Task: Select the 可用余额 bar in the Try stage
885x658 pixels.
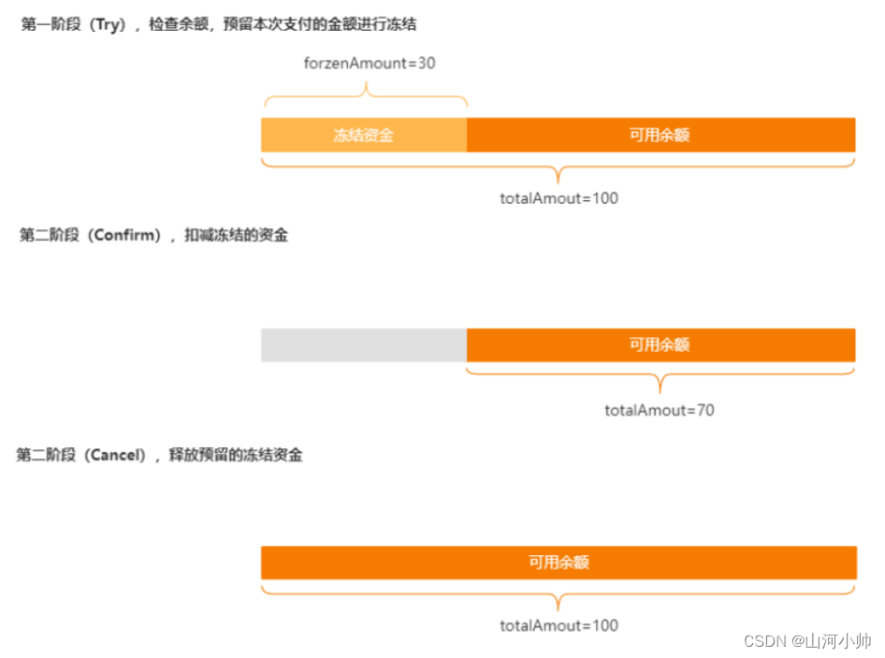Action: (660, 135)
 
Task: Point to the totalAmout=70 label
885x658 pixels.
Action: (660, 410)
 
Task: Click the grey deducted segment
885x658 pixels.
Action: (363, 344)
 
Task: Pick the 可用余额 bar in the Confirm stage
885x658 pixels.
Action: (660, 344)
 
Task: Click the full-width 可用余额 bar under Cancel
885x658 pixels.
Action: (559, 563)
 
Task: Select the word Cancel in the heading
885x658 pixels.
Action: (118, 456)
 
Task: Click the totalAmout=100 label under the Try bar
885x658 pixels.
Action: (559, 198)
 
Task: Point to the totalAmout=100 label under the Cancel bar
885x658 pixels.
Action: (559, 625)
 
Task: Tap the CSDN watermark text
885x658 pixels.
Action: (765, 641)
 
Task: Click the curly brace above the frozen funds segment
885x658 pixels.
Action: (365, 94)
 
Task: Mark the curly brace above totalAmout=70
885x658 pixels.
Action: (660, 379)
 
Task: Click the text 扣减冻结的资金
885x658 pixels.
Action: (236, 235)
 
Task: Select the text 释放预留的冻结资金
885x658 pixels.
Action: (236, 456)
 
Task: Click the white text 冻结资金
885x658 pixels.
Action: (364, 136)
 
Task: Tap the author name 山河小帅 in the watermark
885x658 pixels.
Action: (840, 641)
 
